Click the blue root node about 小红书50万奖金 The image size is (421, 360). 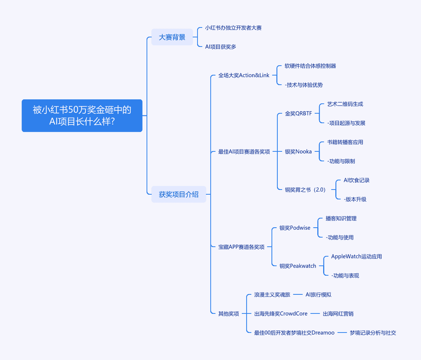click(82, 115)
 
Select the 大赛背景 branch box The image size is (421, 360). click(172, 37)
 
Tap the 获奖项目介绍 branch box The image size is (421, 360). click(179, 194)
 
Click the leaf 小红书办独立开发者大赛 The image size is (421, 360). click(233, 28)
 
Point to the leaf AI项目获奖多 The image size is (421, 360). click(220, 47)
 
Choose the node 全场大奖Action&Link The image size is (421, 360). click(244, 75)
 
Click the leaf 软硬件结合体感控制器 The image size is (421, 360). click(310, 66)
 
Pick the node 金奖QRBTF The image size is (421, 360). click(298, 113)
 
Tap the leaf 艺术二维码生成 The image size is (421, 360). click(345, 104)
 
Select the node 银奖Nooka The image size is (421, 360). click(298, 151)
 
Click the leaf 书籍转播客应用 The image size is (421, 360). click(345, 142)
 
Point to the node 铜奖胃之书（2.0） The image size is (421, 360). click(305, 190)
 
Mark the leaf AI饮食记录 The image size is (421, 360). click(356, 180)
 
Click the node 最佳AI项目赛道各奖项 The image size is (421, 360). click(244, 151)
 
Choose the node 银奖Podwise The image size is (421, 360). click(295, 228)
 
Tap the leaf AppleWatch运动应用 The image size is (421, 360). click(356, 256)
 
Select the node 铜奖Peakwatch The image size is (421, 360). click(298, 266)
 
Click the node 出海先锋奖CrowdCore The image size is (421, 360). click(281, 314)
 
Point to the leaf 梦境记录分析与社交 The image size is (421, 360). click(373, 333)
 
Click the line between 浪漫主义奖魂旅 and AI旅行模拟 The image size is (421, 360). click(298, 294)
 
